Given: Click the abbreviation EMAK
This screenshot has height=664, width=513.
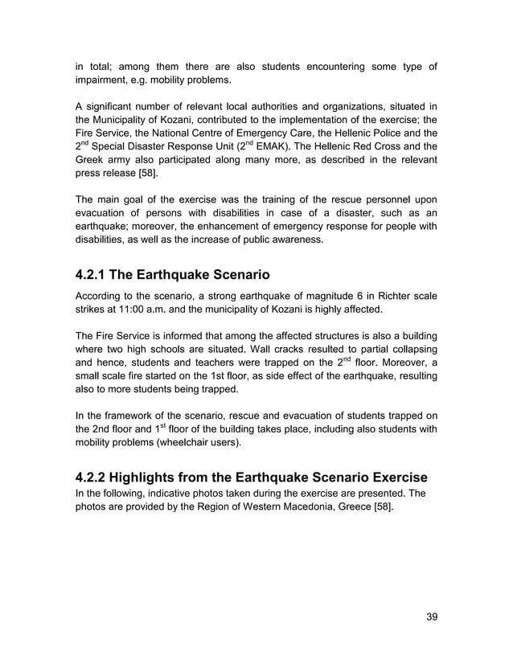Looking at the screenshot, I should click(275, 146).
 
